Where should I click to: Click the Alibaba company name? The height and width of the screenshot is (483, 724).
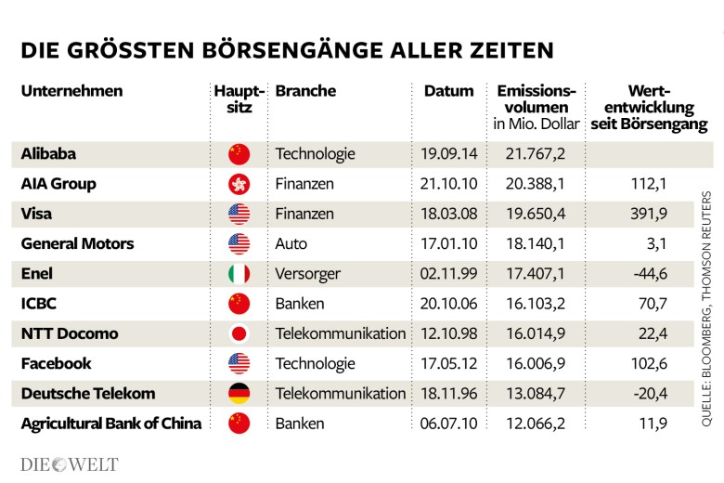tap(48, 154)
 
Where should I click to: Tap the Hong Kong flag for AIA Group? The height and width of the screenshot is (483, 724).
tap(239, 184)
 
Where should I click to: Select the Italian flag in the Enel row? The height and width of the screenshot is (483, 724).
tap(239, 274)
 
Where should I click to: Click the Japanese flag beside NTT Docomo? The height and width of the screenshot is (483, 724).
tap(239, 334)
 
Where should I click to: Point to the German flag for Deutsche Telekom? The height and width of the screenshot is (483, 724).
tap(239, 394)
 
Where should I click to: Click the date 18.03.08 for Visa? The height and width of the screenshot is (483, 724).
tap(448, 214)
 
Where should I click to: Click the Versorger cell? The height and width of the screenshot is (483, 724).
tap(308, 274)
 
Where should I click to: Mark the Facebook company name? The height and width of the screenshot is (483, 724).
tap(56, 364)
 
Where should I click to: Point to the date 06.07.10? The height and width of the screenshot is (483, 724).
tap(448, 424)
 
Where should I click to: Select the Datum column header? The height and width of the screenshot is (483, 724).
tap(448, 91)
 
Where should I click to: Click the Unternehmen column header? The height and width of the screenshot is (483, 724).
tap(71, 91)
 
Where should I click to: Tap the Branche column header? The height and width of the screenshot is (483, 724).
tap(305, 91)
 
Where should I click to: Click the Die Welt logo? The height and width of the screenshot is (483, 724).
tap(70, 463)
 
